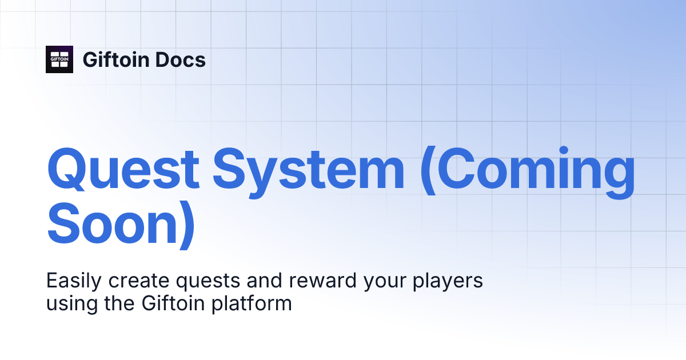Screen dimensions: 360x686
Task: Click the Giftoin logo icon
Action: pos(59,59)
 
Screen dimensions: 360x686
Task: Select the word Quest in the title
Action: pos(122,170)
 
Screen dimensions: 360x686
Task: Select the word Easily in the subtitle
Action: pos(71,281)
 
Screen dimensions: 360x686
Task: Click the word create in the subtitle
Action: pos(130,281)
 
